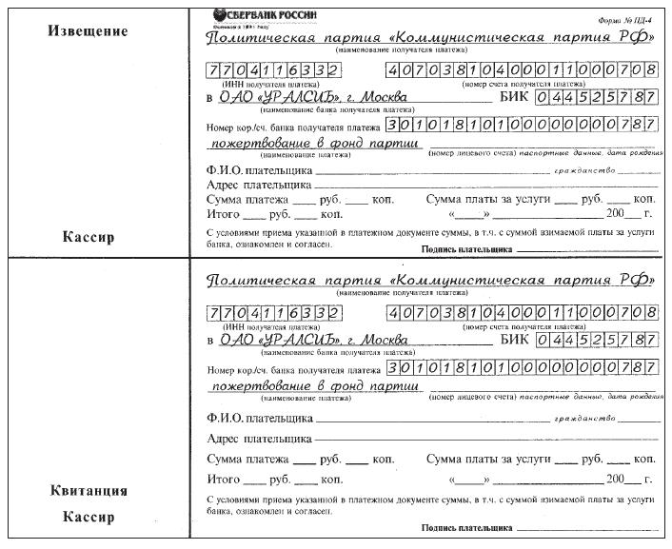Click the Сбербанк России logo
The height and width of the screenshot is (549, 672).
[267, 13]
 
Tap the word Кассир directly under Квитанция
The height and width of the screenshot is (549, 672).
[88, 518]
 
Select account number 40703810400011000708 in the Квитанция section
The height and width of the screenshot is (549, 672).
[522, 313]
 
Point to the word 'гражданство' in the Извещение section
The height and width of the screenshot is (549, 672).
[580, 171]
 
